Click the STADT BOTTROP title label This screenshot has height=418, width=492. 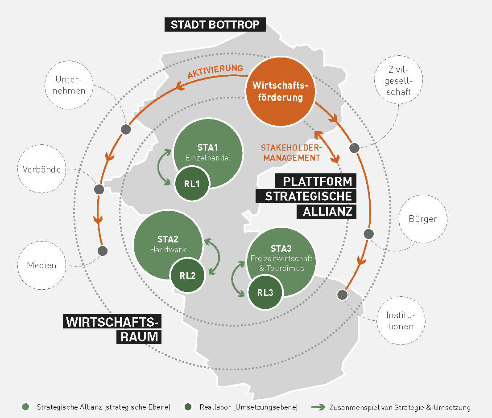pos(215,25)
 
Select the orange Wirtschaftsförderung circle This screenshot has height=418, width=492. pos(281,91)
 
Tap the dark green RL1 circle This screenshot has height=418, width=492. pos(191,184)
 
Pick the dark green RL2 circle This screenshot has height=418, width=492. pos(188,275)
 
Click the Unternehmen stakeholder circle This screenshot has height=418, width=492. pos(70,85)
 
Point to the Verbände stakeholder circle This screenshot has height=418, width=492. pos(42,169)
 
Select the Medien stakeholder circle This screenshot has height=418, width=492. pos(42,265)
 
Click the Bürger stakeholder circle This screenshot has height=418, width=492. pos(422,219)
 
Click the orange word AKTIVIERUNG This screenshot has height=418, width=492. pos(215,72)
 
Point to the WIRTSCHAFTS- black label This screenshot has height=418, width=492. pos(112,322)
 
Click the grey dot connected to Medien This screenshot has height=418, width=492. pos(103,251)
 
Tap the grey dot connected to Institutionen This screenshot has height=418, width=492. pos(342,295)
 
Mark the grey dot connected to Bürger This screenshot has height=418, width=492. pos(369,234)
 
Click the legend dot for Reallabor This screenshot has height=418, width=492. pos(188,407)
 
